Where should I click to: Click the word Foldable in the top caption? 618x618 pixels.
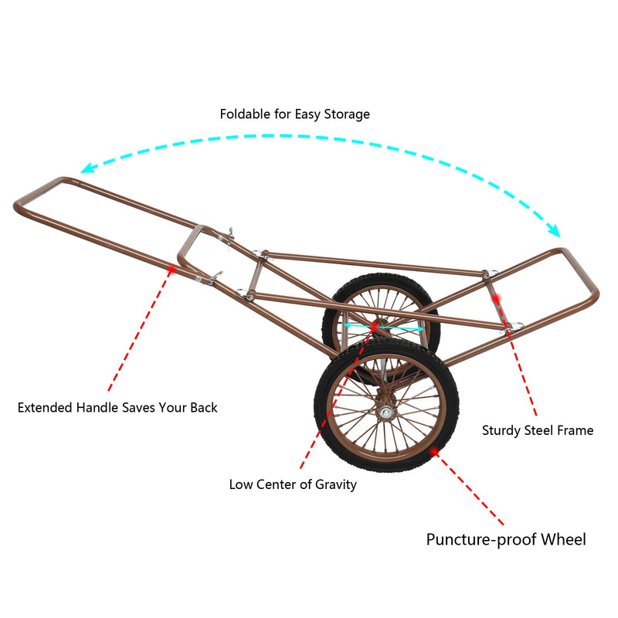245,114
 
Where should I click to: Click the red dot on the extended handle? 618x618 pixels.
171,269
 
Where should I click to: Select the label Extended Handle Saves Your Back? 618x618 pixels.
117,407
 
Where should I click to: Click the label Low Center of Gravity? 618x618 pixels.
293,484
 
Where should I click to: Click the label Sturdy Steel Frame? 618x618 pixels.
538,430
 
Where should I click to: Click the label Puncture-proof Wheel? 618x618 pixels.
506,539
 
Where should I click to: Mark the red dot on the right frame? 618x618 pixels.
497,298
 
